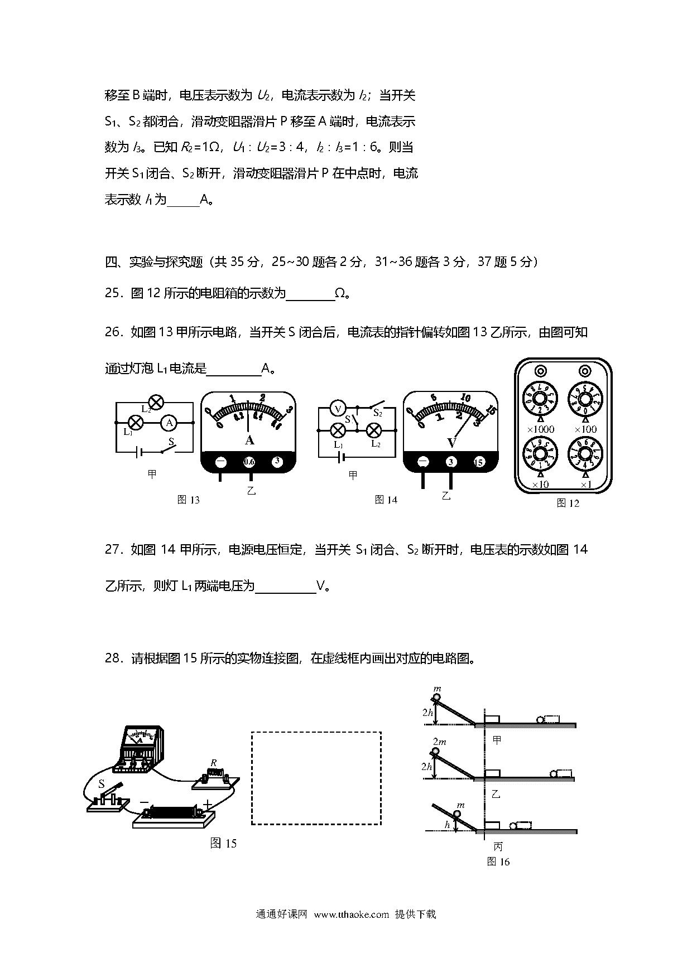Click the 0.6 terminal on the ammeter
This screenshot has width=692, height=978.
pos(249,462)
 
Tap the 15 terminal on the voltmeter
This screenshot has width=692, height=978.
pos(478,462)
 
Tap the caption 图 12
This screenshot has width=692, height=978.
pos(568,503)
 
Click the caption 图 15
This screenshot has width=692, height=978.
pos(223,843)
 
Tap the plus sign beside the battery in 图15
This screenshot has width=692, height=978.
pos(208,805)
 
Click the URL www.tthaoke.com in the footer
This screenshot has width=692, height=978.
pos(351,914)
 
